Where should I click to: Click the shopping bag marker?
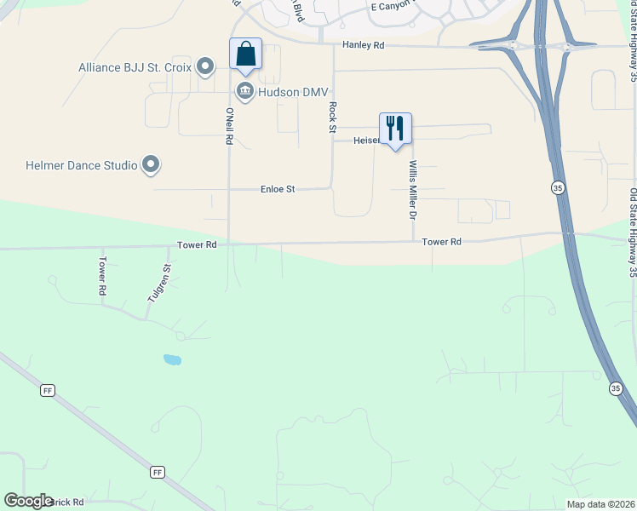245,55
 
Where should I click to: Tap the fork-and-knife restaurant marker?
394,129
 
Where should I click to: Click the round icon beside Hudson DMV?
245,92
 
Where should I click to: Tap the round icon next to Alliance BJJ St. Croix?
204,66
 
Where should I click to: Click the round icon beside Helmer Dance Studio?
151,164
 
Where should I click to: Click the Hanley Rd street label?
364,44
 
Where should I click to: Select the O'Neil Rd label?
229,125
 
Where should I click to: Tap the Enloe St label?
277,189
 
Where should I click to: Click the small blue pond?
172,359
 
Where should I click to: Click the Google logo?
28,501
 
